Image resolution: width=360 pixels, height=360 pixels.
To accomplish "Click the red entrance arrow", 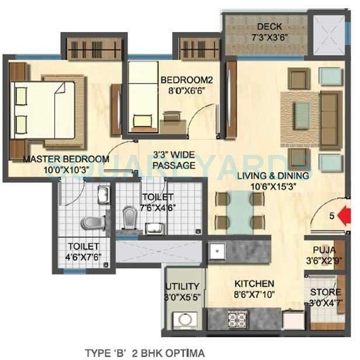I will (x=347, y=216).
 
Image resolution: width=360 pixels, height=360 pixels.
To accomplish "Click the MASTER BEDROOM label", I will (x=66, y=158).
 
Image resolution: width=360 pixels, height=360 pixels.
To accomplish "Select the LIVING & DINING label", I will (x=272, y=175).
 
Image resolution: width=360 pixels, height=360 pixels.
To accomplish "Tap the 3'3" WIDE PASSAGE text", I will (x=174, y=161).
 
